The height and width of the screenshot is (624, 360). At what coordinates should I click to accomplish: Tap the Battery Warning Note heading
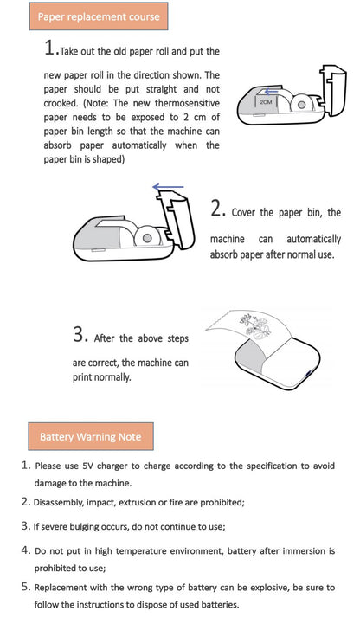tap(90, 436)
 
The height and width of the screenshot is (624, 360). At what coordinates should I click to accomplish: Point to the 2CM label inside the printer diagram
tap(267, 101)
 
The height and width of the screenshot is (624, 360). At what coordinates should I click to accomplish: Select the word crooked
tap(61, 103)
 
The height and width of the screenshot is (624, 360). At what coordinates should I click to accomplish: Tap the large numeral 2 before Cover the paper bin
tap(217, 209)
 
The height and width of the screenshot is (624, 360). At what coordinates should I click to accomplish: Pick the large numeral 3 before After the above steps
tap(79, 334)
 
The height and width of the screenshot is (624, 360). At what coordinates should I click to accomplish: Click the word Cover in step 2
tap(245, 213)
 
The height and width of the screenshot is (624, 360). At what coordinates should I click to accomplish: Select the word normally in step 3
tap(112, 376)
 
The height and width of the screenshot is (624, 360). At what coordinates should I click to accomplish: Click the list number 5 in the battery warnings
tap(25, 587)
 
